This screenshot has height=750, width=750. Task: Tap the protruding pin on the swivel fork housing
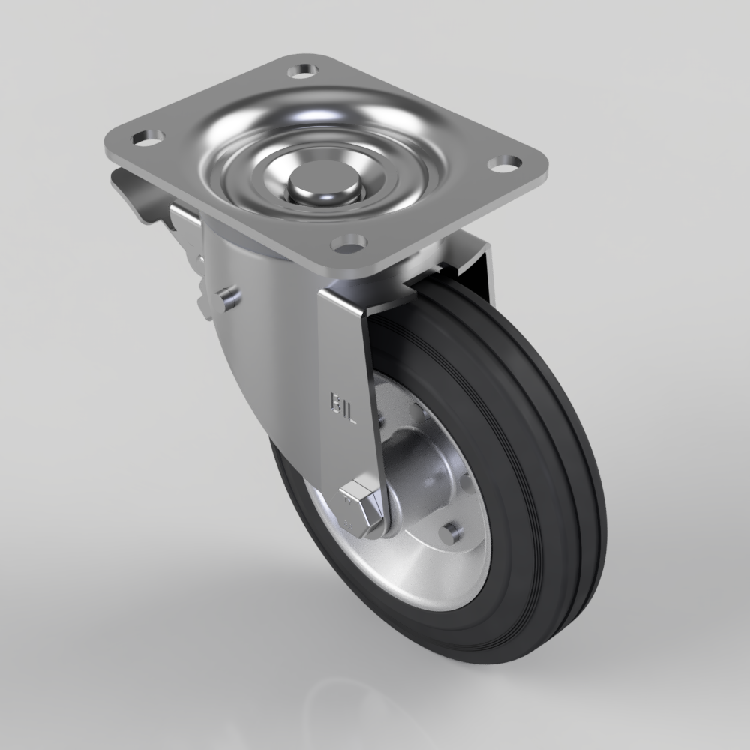click(x=228, y=298)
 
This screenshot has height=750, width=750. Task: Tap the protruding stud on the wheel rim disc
click(x=450, y=533)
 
